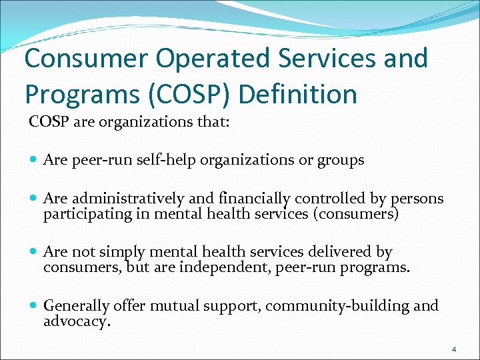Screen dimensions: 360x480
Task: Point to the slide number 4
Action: click(454, 349)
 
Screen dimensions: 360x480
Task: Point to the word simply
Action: click(122, 253)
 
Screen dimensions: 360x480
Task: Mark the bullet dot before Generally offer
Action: click(34, 306)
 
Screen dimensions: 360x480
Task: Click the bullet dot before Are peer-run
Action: click(34, 160)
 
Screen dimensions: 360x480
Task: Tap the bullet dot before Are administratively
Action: click(34, 199)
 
